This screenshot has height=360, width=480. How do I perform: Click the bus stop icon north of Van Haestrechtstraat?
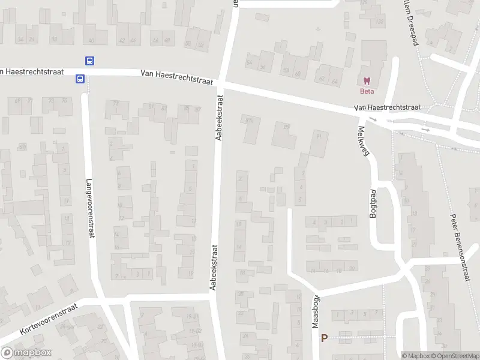point(89,61)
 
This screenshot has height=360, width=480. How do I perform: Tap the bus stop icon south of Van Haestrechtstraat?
point(79,79)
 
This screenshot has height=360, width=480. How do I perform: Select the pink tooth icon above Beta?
point(366,81)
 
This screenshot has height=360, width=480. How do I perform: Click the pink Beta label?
point(366,91)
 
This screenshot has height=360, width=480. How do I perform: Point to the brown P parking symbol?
point(325,338)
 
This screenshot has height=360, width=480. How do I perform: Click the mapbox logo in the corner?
point(26,353)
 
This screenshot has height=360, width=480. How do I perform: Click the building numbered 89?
point(286,127)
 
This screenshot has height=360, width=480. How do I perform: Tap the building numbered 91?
point(318,137)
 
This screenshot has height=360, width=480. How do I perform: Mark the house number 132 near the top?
point(379,22)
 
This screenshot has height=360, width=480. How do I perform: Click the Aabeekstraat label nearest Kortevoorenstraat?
point(213,266)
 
